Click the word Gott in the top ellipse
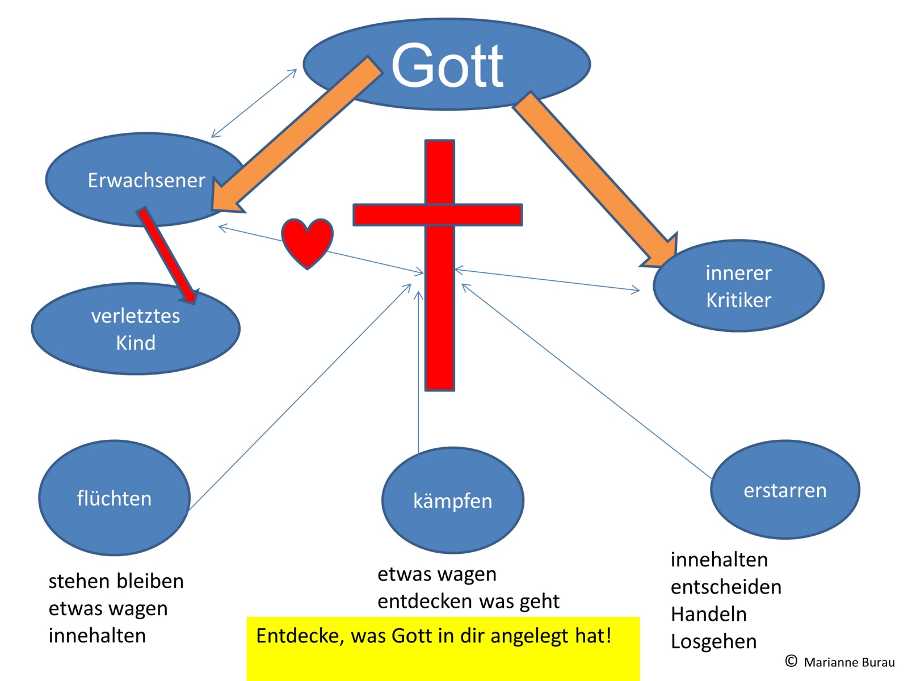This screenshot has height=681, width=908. [x=447, y=66]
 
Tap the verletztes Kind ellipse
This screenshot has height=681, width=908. [x=136, y=329]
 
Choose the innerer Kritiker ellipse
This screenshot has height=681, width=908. [x=738, y=286]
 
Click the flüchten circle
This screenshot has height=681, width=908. [x=114, y=498]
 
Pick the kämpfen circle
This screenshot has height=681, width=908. [x=452, y=501]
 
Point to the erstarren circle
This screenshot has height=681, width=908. [x=785, y=490]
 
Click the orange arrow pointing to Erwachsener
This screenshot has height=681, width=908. [x=295, y=136]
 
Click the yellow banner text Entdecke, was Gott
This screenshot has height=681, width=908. [x=434, y=636]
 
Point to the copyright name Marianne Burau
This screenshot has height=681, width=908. [x=848, y=662]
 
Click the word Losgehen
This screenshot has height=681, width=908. [x=713, y=641]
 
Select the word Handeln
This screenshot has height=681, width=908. [x=708, y=614]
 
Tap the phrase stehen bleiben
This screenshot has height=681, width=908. [x=116, y=581]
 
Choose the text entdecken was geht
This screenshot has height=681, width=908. [x=468, y=601]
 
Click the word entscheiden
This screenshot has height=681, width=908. [x=726, y=587]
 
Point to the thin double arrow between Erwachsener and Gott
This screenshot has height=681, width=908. [x=254, y=103]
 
